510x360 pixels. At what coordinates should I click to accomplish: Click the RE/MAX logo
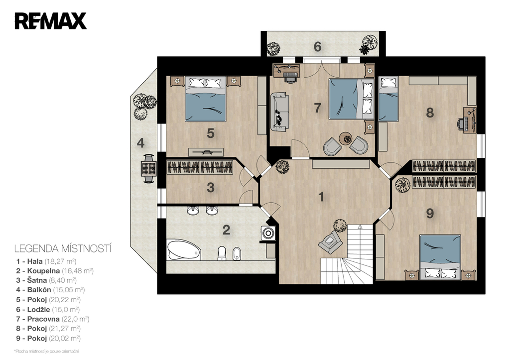(50, 21)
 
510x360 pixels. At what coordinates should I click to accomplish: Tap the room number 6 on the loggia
(317, 47)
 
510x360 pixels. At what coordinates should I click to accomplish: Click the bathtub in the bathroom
(183, 250)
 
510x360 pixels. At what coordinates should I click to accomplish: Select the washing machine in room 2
(268, 233)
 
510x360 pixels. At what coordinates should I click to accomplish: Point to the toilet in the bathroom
(222, 253)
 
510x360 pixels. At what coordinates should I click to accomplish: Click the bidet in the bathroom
(237, 254)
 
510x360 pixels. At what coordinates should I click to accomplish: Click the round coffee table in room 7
(346, 139)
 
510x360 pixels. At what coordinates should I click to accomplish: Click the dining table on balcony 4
(148, 169)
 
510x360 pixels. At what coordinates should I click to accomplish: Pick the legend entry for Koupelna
(55, 270)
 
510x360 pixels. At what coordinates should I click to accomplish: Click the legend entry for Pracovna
(53, 319)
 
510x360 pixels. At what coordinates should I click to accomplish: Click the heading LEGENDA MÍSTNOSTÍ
(63, 249)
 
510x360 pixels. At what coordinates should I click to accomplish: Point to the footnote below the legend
(46, 351)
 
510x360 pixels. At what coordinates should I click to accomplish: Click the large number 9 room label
(430, 214)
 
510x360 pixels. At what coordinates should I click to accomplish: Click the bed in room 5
(205, 99)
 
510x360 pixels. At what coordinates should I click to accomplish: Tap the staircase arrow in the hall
(360, 227)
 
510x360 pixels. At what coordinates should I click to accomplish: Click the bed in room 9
(440, 257)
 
